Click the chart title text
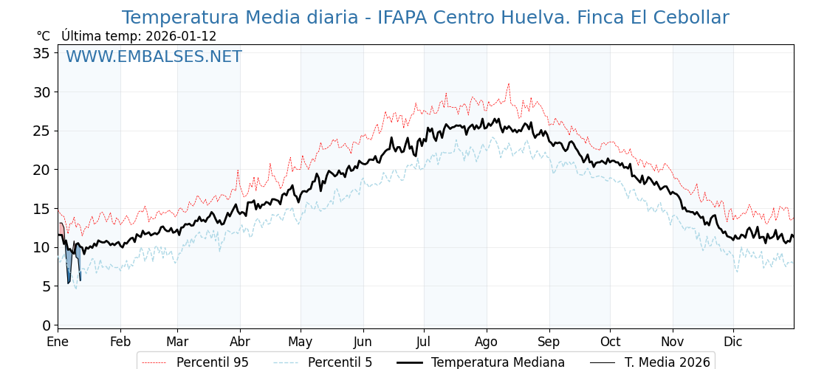[x=425, y=18]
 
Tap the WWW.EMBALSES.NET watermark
[x=154, y=57]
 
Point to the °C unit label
[x=43, y=36]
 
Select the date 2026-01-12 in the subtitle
[x=182, y=36]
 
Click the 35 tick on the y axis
[x=41, y=53]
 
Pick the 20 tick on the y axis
[x=41, y=170]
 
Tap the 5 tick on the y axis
[x=46, y=286]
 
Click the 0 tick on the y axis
[x=46, y=325]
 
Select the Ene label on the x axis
[x=58, y=342]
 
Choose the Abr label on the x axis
[x=239, y=342]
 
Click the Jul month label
[x=424, y=342]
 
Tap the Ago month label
[x=486, y=342]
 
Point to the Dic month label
[x=732, y=342]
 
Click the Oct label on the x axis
[x=610, y=342]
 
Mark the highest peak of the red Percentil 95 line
[x=508, y=84]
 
